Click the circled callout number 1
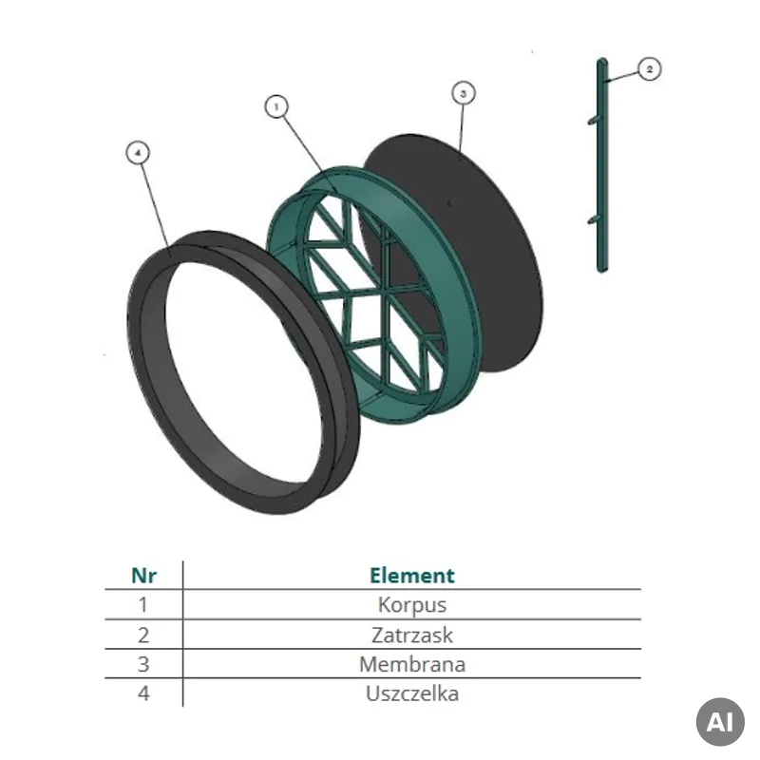[276, 106]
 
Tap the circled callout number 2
[650, 68]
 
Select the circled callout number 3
[464, 93]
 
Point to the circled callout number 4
[138, 153]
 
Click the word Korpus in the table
[412, 605]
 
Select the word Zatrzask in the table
[412, 635]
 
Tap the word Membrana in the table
[412, 664]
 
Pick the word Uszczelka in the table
[412, 693]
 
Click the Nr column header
[144, 576]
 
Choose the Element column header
[412, 576]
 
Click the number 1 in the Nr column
[143, 605]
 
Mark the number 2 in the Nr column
[143, 635]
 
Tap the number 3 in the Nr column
[143, 664]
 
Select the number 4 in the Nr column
[143, 693]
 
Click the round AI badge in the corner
[720, 722]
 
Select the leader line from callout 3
[462, 128]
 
